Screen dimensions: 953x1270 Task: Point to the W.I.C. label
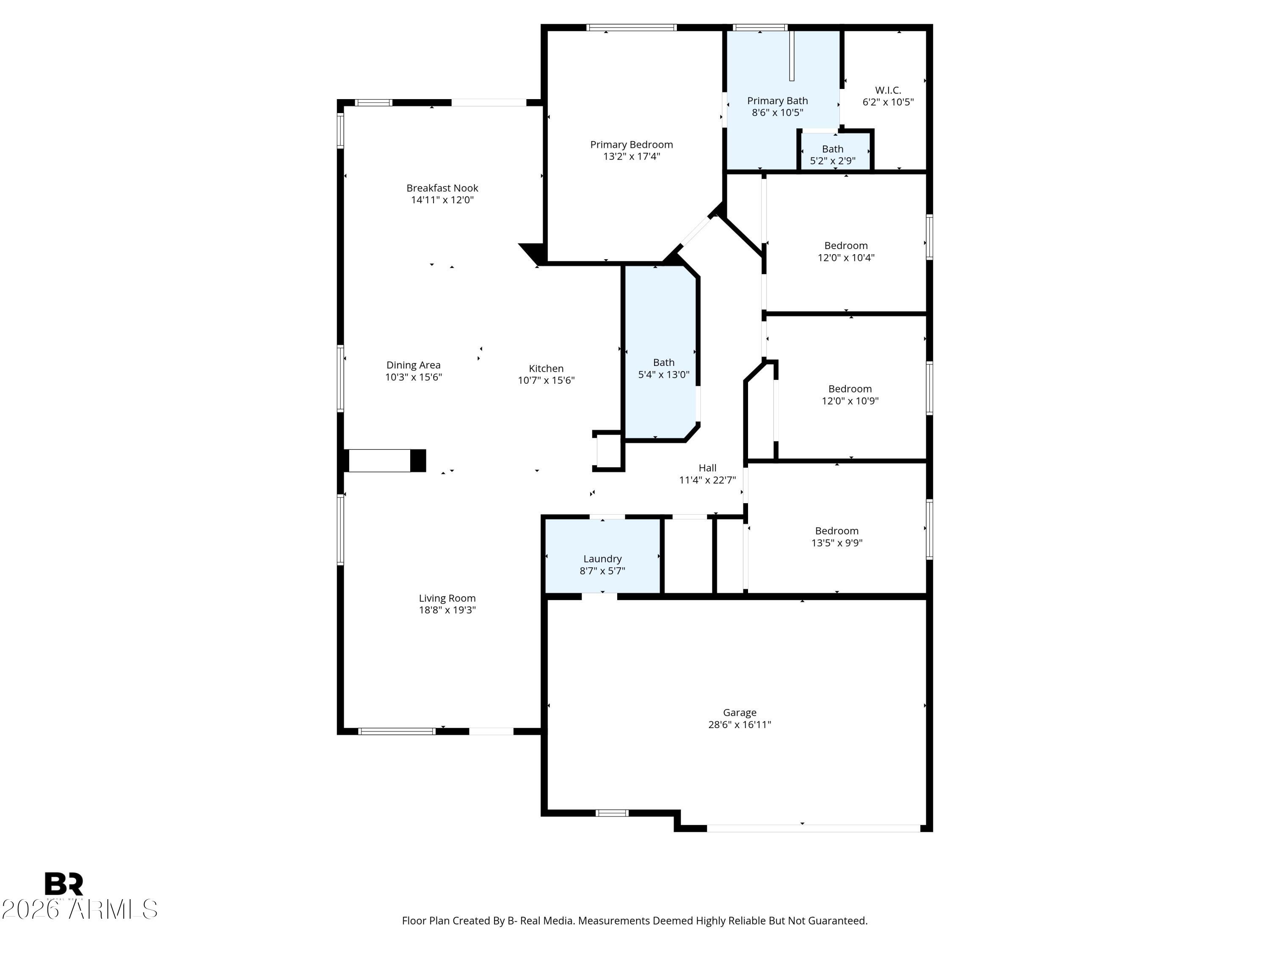tap(888, 90)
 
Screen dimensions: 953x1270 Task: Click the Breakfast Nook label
tap(442, 188)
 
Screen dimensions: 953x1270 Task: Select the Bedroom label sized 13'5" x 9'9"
tap(837, 531)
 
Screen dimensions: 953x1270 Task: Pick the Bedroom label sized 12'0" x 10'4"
tap(846, 246)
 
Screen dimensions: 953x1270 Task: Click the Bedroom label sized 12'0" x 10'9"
tap(850, 389)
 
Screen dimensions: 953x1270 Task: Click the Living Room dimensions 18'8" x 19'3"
tap(447, 610)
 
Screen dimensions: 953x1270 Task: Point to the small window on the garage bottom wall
tap(612, 813)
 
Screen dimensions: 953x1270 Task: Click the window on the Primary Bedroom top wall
tap(631, 28)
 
